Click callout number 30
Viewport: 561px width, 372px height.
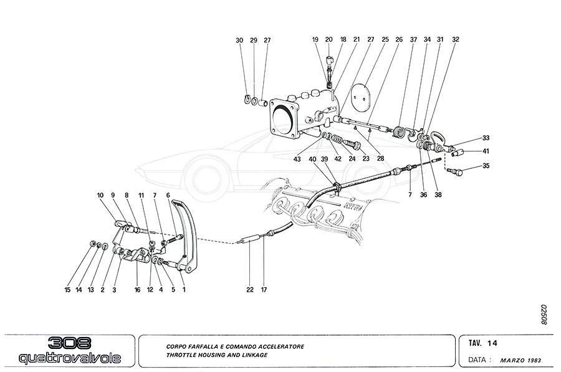click(239, 41)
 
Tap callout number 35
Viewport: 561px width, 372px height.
click(487, 166)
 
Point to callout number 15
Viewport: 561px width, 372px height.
click(67, 290)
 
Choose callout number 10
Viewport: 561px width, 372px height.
click(100, 195)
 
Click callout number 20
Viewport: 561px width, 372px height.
click(329, 39)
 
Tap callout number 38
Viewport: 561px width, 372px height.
click(438, 194)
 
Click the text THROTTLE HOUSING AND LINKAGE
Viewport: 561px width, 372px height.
click(217, 355)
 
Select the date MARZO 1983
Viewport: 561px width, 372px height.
click(521, 360)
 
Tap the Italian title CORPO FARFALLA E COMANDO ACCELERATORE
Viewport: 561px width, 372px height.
click(235, 346)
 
